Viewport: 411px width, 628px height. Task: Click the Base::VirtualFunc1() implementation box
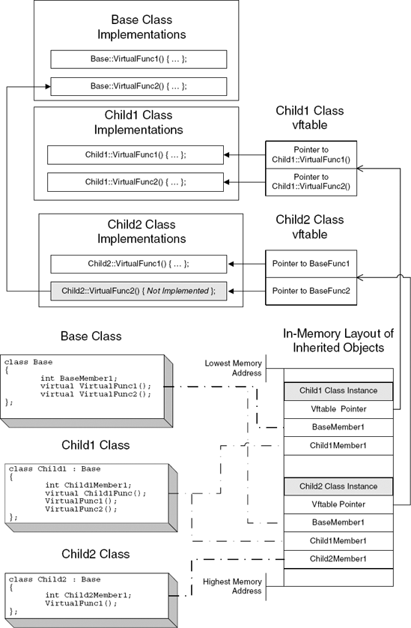coord(138,59)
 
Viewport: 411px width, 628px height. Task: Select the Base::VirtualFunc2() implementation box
coord(138,87)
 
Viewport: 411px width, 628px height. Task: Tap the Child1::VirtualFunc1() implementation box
coord(135,155)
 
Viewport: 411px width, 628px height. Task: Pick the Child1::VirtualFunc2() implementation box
coord(135,182)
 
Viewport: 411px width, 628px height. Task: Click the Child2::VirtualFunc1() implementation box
coord(138,264)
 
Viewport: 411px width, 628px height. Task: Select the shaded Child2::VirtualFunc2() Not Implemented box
coord(138,292)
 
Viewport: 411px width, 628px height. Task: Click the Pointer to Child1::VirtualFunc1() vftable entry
coord(311,155)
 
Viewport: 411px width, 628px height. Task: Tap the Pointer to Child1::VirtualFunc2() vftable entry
coord(311,181)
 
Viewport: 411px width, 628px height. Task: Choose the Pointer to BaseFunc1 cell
coord(311,264)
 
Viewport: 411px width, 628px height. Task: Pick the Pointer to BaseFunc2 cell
coord(311,291)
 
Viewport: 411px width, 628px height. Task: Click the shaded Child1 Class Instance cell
coord(338,390)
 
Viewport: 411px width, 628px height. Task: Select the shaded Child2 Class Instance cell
coord(338,486)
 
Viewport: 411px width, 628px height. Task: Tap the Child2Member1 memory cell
coord(338,558)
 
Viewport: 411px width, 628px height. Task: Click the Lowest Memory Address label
coord(233,368)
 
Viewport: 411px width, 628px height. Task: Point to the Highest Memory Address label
coord(233,586)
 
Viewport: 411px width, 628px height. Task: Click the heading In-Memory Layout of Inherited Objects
coord(338,340)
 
